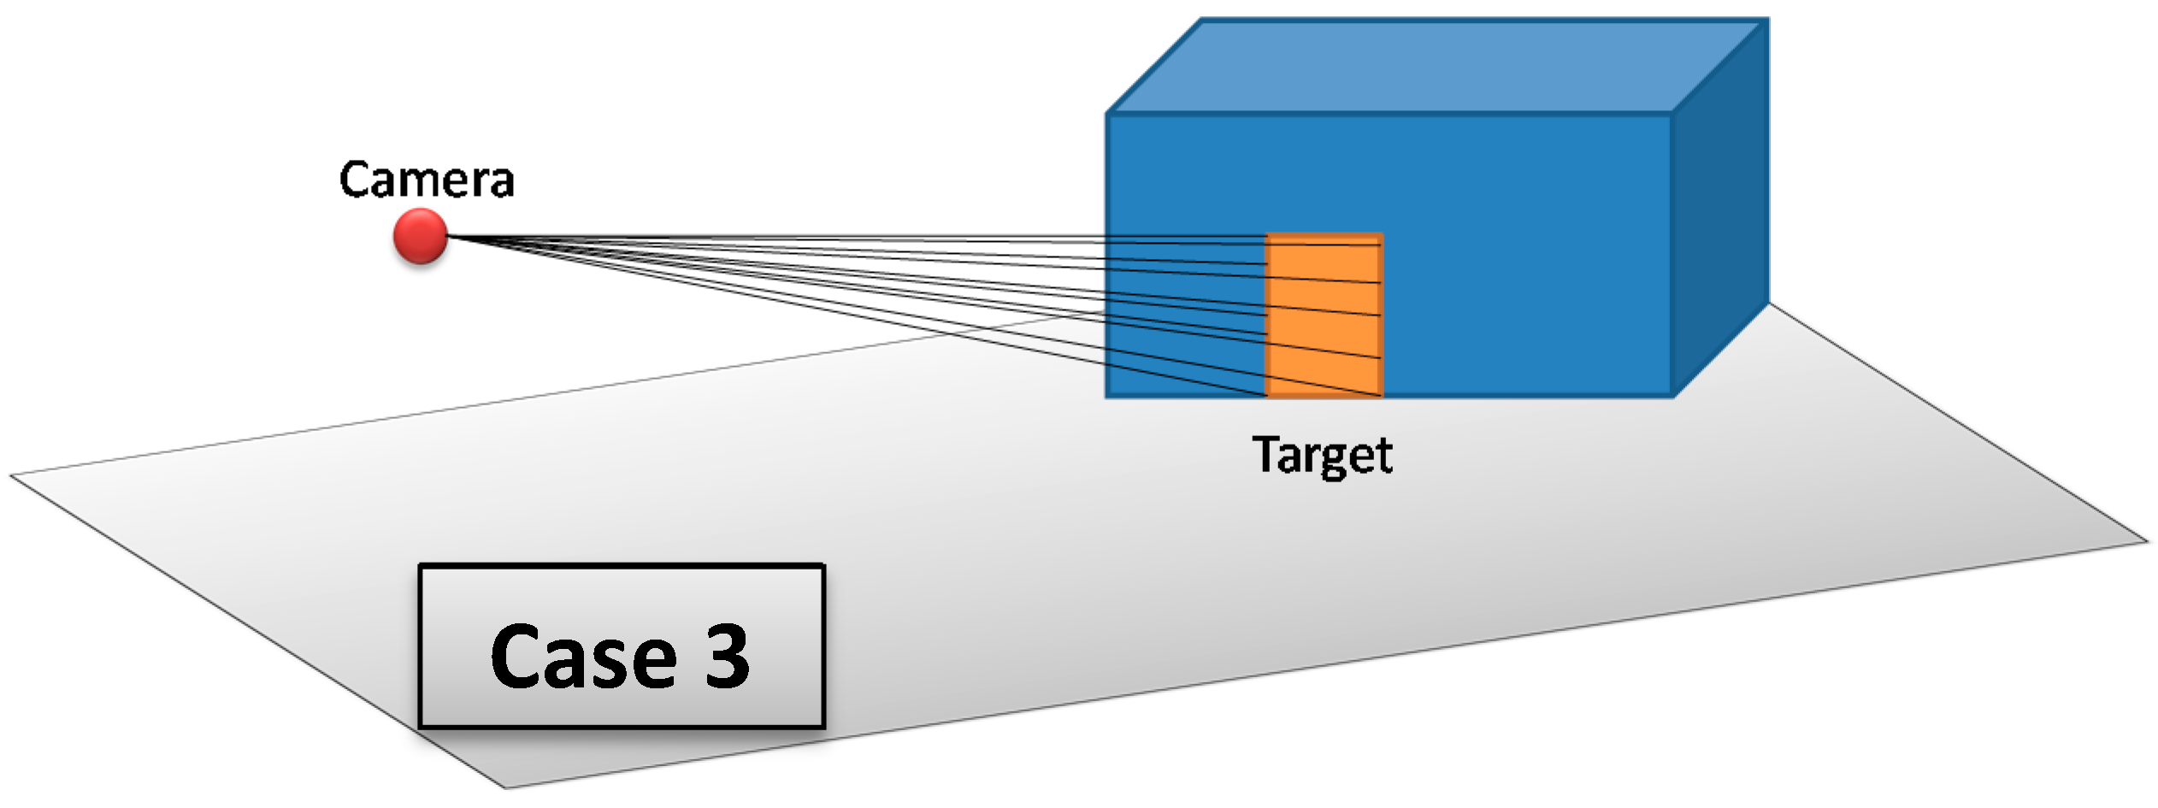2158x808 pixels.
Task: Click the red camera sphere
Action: click(420, 235)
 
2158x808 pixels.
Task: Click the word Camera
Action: click(427, 180)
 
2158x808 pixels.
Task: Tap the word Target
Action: click(1322, 455)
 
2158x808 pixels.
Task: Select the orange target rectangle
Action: click(1324, 315)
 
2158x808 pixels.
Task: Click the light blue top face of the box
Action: click(1436, 67)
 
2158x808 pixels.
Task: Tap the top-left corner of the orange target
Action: click(1266, 234)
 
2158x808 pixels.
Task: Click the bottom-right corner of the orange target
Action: click(1382, 396)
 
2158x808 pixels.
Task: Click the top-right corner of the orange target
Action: click(1382, 234)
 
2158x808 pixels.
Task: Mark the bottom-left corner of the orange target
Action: click(1266, 396)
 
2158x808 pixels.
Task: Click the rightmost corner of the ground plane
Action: click(2147, 540)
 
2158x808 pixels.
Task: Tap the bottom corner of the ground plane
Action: click(506, 787)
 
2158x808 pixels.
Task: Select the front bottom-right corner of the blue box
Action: click(1672, 396)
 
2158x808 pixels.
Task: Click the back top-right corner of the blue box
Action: click(1767, 19)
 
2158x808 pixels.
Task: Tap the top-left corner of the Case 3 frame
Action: click(420, 566)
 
